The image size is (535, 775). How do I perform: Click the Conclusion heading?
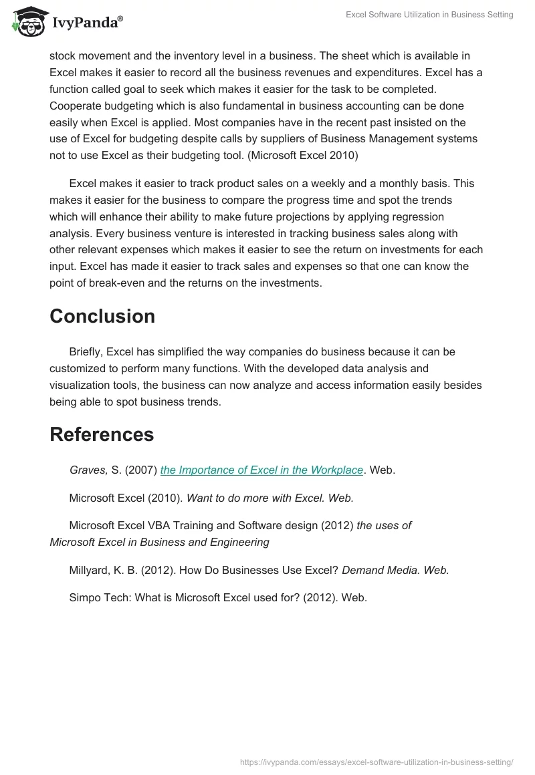[102, 316]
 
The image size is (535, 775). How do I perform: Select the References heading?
[102, 434]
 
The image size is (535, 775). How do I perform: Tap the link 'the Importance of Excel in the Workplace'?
[261, 470]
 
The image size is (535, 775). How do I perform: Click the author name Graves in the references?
[88, 470]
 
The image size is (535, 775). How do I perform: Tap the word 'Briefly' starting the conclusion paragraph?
[87, 351]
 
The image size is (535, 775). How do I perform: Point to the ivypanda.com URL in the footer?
[377, 762]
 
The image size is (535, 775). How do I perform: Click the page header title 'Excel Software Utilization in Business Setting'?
[429, 15]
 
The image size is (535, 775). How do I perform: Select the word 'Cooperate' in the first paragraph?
[74, 106]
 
